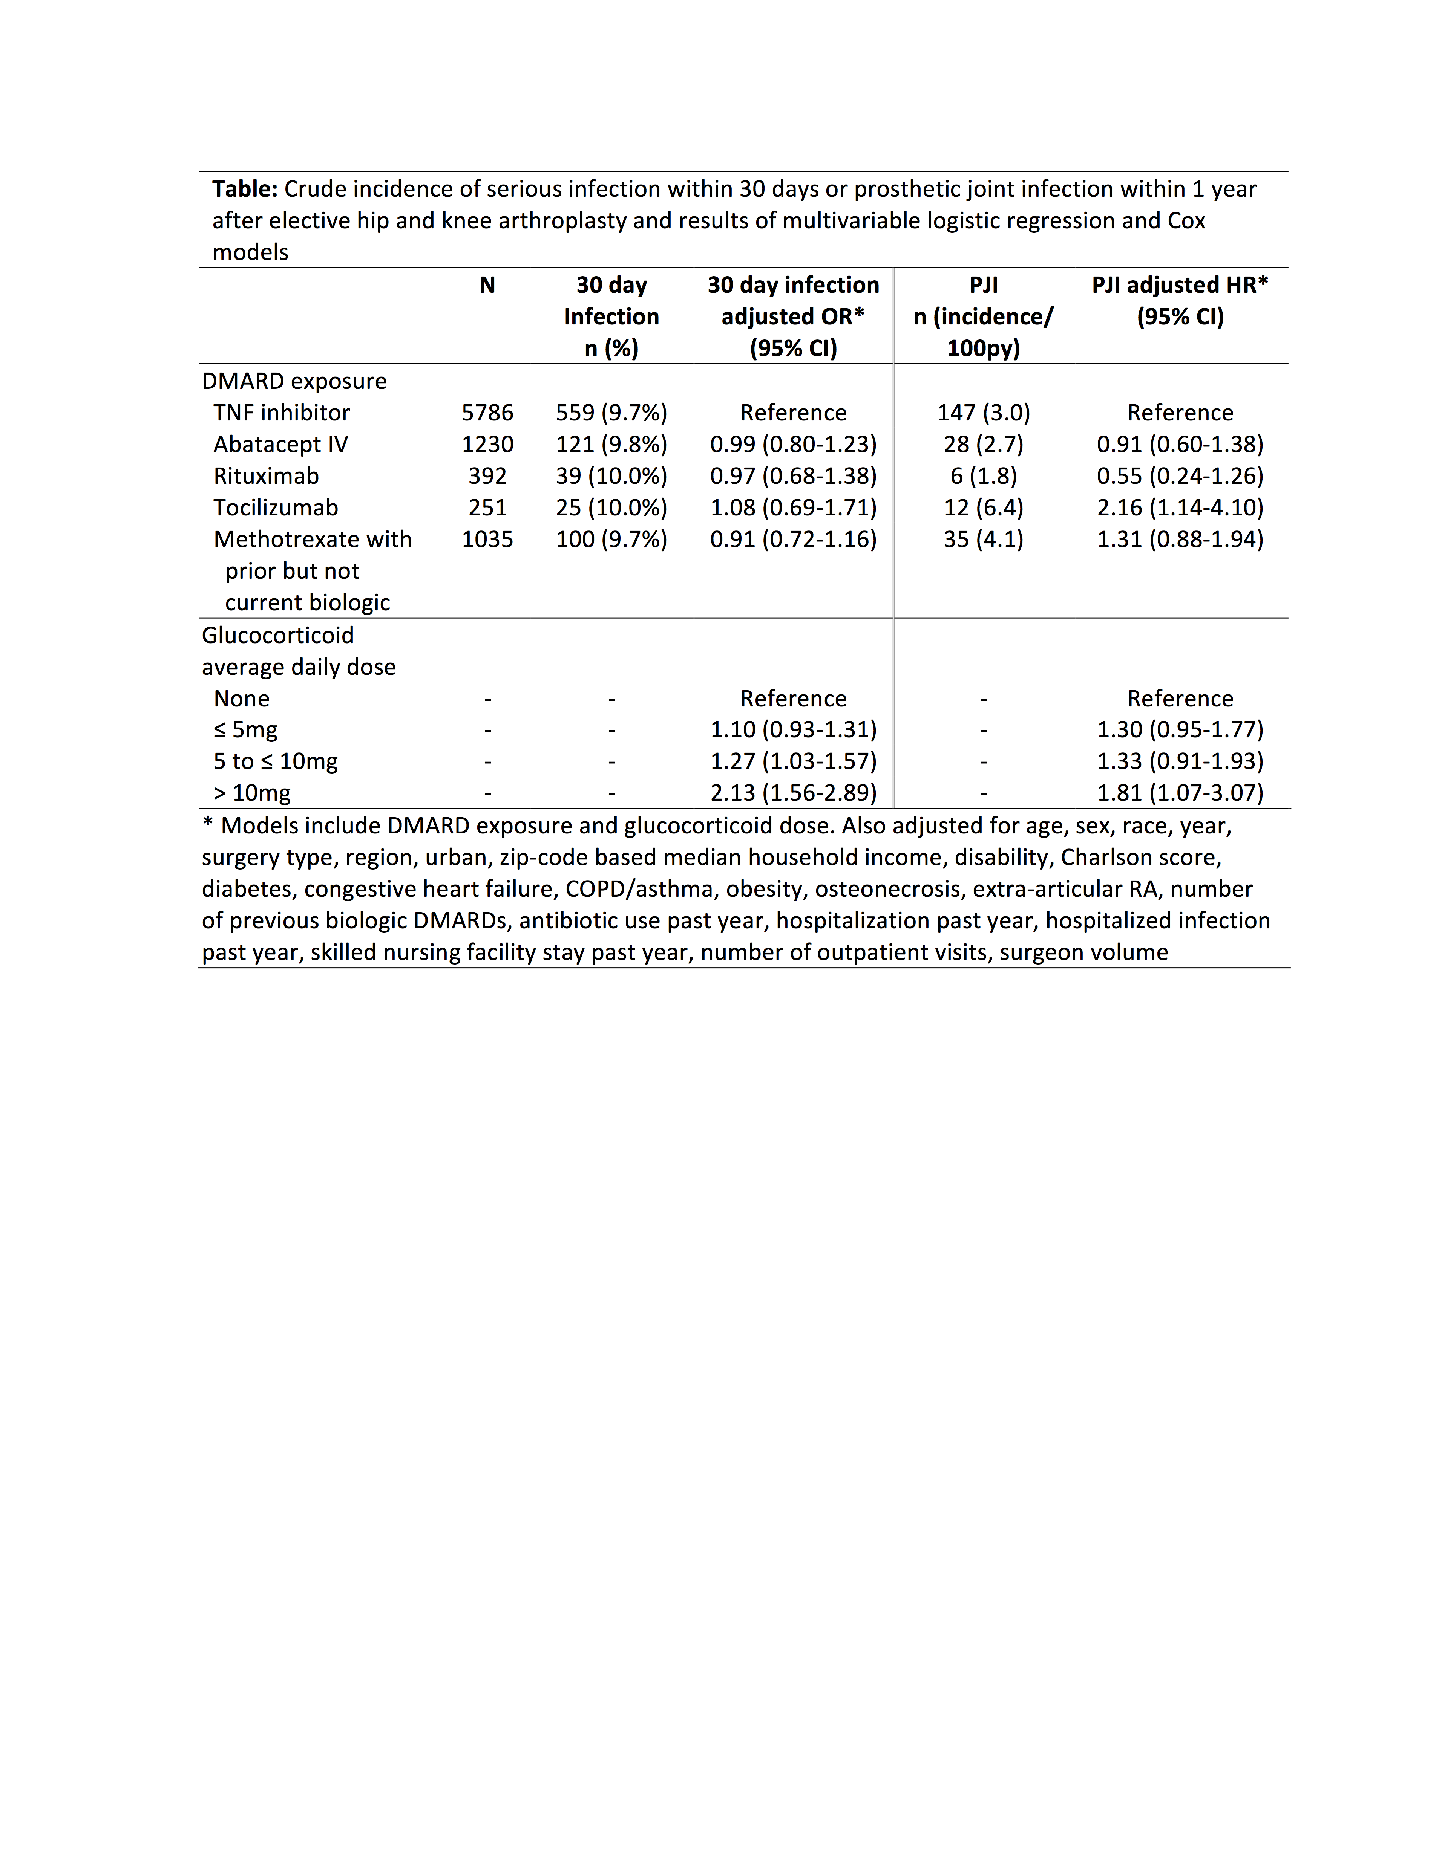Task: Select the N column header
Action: (x=487, y=285)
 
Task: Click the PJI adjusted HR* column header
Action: (x=1180, y=301)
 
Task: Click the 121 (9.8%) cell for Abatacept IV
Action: (x=611, y=444)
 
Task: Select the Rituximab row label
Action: (x=266, y=475)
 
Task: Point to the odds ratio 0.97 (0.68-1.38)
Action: (x=793, y=475)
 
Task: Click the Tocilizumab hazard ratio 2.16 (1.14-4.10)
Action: (x=1180, y=507)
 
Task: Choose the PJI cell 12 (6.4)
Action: (x=983, y=507)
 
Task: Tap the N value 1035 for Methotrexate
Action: (x=487, y=539)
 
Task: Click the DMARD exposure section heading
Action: (x=294, y=381)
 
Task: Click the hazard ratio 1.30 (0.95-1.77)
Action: (x=1180, y=729)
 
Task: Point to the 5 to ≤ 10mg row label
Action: (x=275, y=761)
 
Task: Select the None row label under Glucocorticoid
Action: (x=242, y=699)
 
